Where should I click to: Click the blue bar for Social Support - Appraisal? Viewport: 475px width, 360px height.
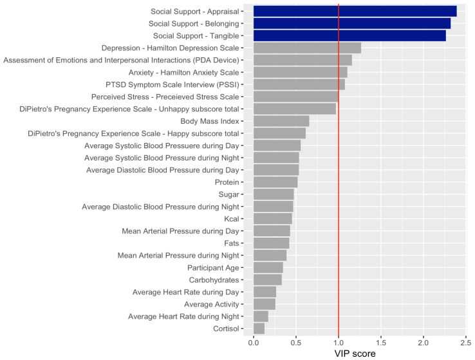(355, 11)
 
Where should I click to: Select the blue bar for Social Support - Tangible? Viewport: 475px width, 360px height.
(349, 35)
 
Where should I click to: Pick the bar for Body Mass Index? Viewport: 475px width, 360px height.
(281, 121)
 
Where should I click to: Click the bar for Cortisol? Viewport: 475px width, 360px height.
(259, 328)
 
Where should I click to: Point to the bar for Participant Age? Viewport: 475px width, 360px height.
(268, 267)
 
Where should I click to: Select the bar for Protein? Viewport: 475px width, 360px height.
(275, 182)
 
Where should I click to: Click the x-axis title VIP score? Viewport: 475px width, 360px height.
(355, 353)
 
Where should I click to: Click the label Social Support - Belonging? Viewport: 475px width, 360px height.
(192, 23)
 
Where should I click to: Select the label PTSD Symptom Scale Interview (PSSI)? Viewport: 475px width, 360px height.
(172, 84)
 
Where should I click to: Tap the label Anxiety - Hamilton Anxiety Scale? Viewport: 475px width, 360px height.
(183, 72)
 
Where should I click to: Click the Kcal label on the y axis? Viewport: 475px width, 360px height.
(231, 219)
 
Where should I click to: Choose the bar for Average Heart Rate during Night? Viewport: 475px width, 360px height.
(261, 316)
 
